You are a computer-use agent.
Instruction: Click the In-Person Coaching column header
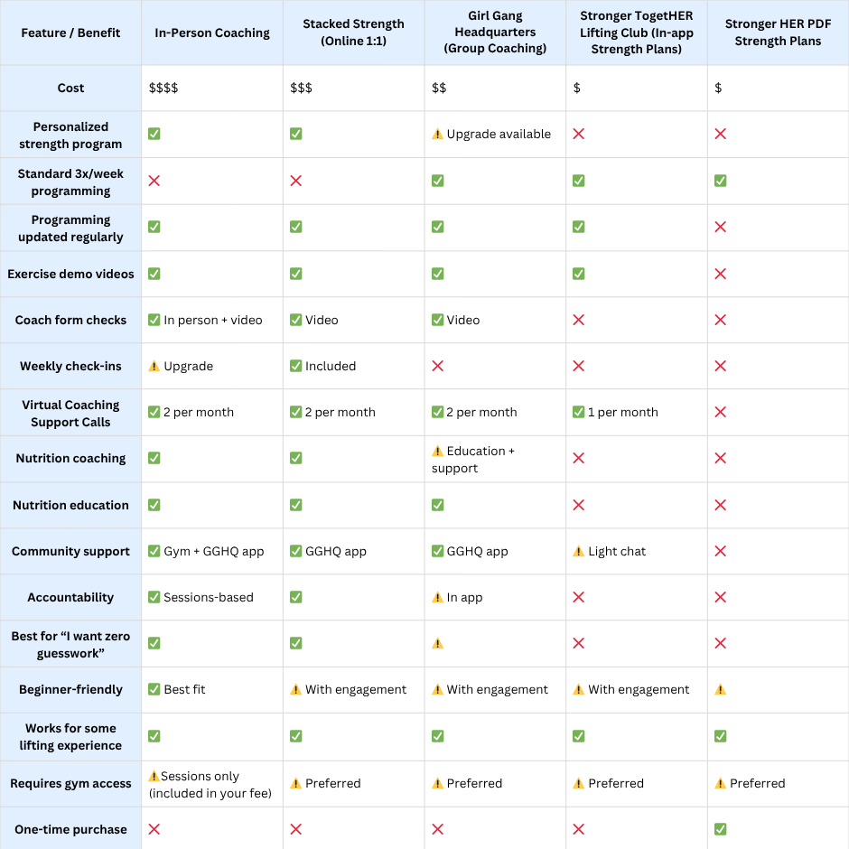coord(212,33)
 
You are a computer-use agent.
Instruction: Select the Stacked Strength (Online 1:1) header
coord(353,33)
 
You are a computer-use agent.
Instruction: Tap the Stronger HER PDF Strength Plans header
coord(778,33)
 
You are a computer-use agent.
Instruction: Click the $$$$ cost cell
coord(163,88)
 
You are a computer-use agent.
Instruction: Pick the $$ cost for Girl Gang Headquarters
coord(439,88)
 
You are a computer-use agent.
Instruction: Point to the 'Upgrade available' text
coord(498,134)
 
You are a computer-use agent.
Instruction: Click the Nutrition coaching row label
coord(70,458)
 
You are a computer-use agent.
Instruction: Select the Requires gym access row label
coord(70,783)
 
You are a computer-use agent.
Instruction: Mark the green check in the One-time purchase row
coord(720,829)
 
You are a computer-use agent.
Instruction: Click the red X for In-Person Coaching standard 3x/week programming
coord(154,181)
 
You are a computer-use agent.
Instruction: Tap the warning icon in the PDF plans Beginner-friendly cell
coord(720,689)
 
